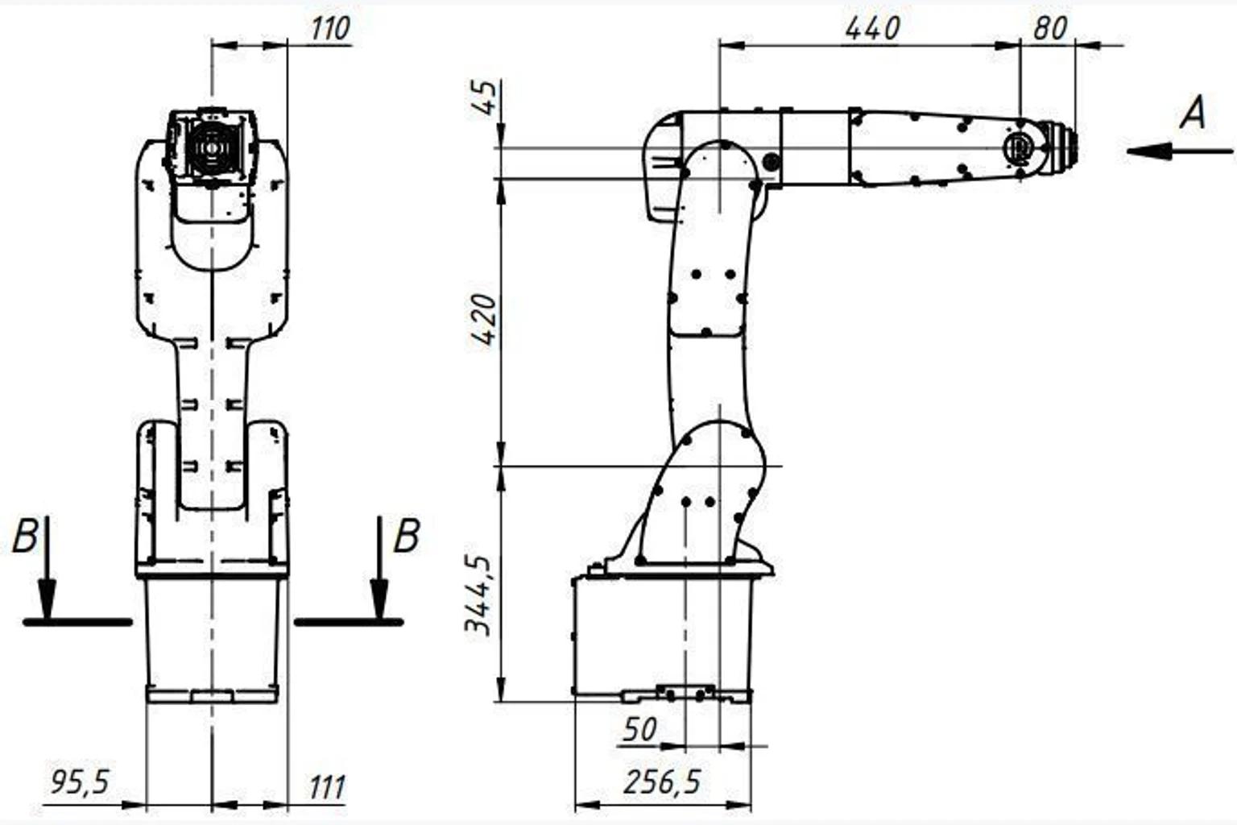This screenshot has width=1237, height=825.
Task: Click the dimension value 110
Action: point(330,29)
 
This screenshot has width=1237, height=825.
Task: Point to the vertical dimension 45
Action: point(486,97)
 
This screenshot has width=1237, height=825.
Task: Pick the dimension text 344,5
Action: point(478,595)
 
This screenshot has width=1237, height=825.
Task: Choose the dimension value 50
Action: point(640,729)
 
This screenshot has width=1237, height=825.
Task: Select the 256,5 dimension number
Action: point(662,782)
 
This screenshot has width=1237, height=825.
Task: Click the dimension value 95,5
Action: point(80,782)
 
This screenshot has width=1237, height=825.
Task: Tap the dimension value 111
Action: point(327,787)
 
